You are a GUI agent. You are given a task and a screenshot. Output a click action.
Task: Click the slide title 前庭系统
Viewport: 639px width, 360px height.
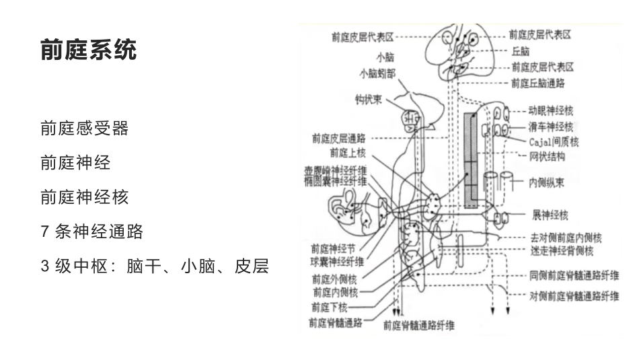click(89, 50)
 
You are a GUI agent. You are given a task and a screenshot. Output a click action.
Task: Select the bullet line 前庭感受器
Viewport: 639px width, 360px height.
click(84, 129)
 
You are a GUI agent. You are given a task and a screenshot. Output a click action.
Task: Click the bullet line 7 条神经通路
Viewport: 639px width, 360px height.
click(92, 232)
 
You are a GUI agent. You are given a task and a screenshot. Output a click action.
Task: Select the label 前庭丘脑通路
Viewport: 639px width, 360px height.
click(537, 83)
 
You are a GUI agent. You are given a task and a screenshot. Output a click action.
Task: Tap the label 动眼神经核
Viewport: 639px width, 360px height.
click(550, 110)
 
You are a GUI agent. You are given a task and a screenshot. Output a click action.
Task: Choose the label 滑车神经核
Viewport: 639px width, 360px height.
click(550, 127)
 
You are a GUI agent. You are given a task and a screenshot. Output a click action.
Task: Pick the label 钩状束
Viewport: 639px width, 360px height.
click(369, 100)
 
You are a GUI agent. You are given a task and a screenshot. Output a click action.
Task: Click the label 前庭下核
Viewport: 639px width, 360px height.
click(329, 308)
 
